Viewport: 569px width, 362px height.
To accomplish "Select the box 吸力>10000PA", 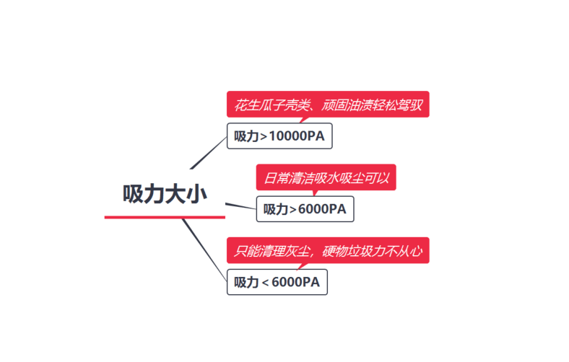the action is pos(279,137).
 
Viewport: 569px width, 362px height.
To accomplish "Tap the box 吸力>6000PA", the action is pos(305,209).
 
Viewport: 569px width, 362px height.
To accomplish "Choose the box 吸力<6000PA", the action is pos(277,282).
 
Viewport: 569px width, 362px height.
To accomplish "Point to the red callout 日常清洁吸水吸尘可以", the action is pos(326,177).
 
